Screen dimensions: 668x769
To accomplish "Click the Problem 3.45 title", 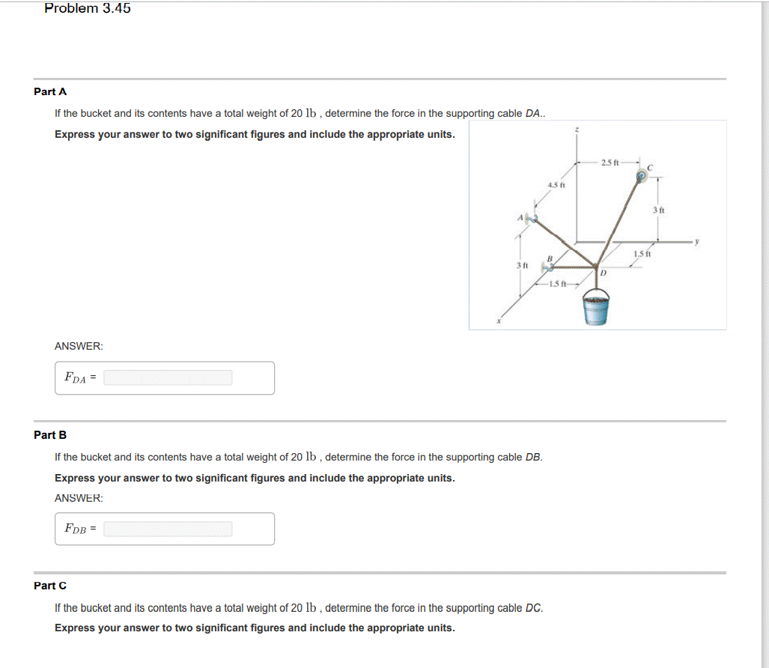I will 88,9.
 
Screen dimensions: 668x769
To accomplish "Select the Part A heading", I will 50,91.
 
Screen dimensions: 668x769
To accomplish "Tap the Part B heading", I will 50,435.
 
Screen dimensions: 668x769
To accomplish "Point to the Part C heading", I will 50,586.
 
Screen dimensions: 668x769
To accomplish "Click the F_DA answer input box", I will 168,378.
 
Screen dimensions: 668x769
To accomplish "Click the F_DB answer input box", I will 168,529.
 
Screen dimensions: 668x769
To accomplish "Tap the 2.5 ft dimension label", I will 610,162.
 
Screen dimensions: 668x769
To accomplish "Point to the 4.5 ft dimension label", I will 556,184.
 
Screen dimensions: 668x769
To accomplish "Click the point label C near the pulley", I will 651,168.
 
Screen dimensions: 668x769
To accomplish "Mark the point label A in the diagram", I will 520,218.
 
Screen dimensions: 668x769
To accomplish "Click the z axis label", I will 576,130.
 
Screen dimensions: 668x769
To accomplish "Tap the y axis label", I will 696,241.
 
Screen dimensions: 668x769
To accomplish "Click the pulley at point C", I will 641,177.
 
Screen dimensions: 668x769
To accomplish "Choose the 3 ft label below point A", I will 523,266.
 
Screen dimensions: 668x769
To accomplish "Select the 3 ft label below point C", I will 658,210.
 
